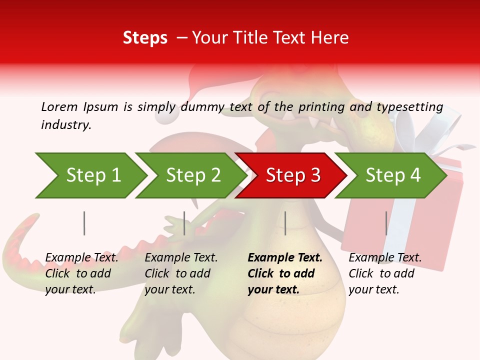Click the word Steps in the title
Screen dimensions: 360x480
(x=145, y=38)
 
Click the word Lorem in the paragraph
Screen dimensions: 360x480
(x=59, y=106)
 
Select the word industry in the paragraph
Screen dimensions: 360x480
(x=65, y=124)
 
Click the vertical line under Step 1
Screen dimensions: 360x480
(x=84, y=223)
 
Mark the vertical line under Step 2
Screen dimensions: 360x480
(x=184, y=223)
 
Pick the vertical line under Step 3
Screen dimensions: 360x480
(x=285, y=223)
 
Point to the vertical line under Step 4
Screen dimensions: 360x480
(x=386, y=223)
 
